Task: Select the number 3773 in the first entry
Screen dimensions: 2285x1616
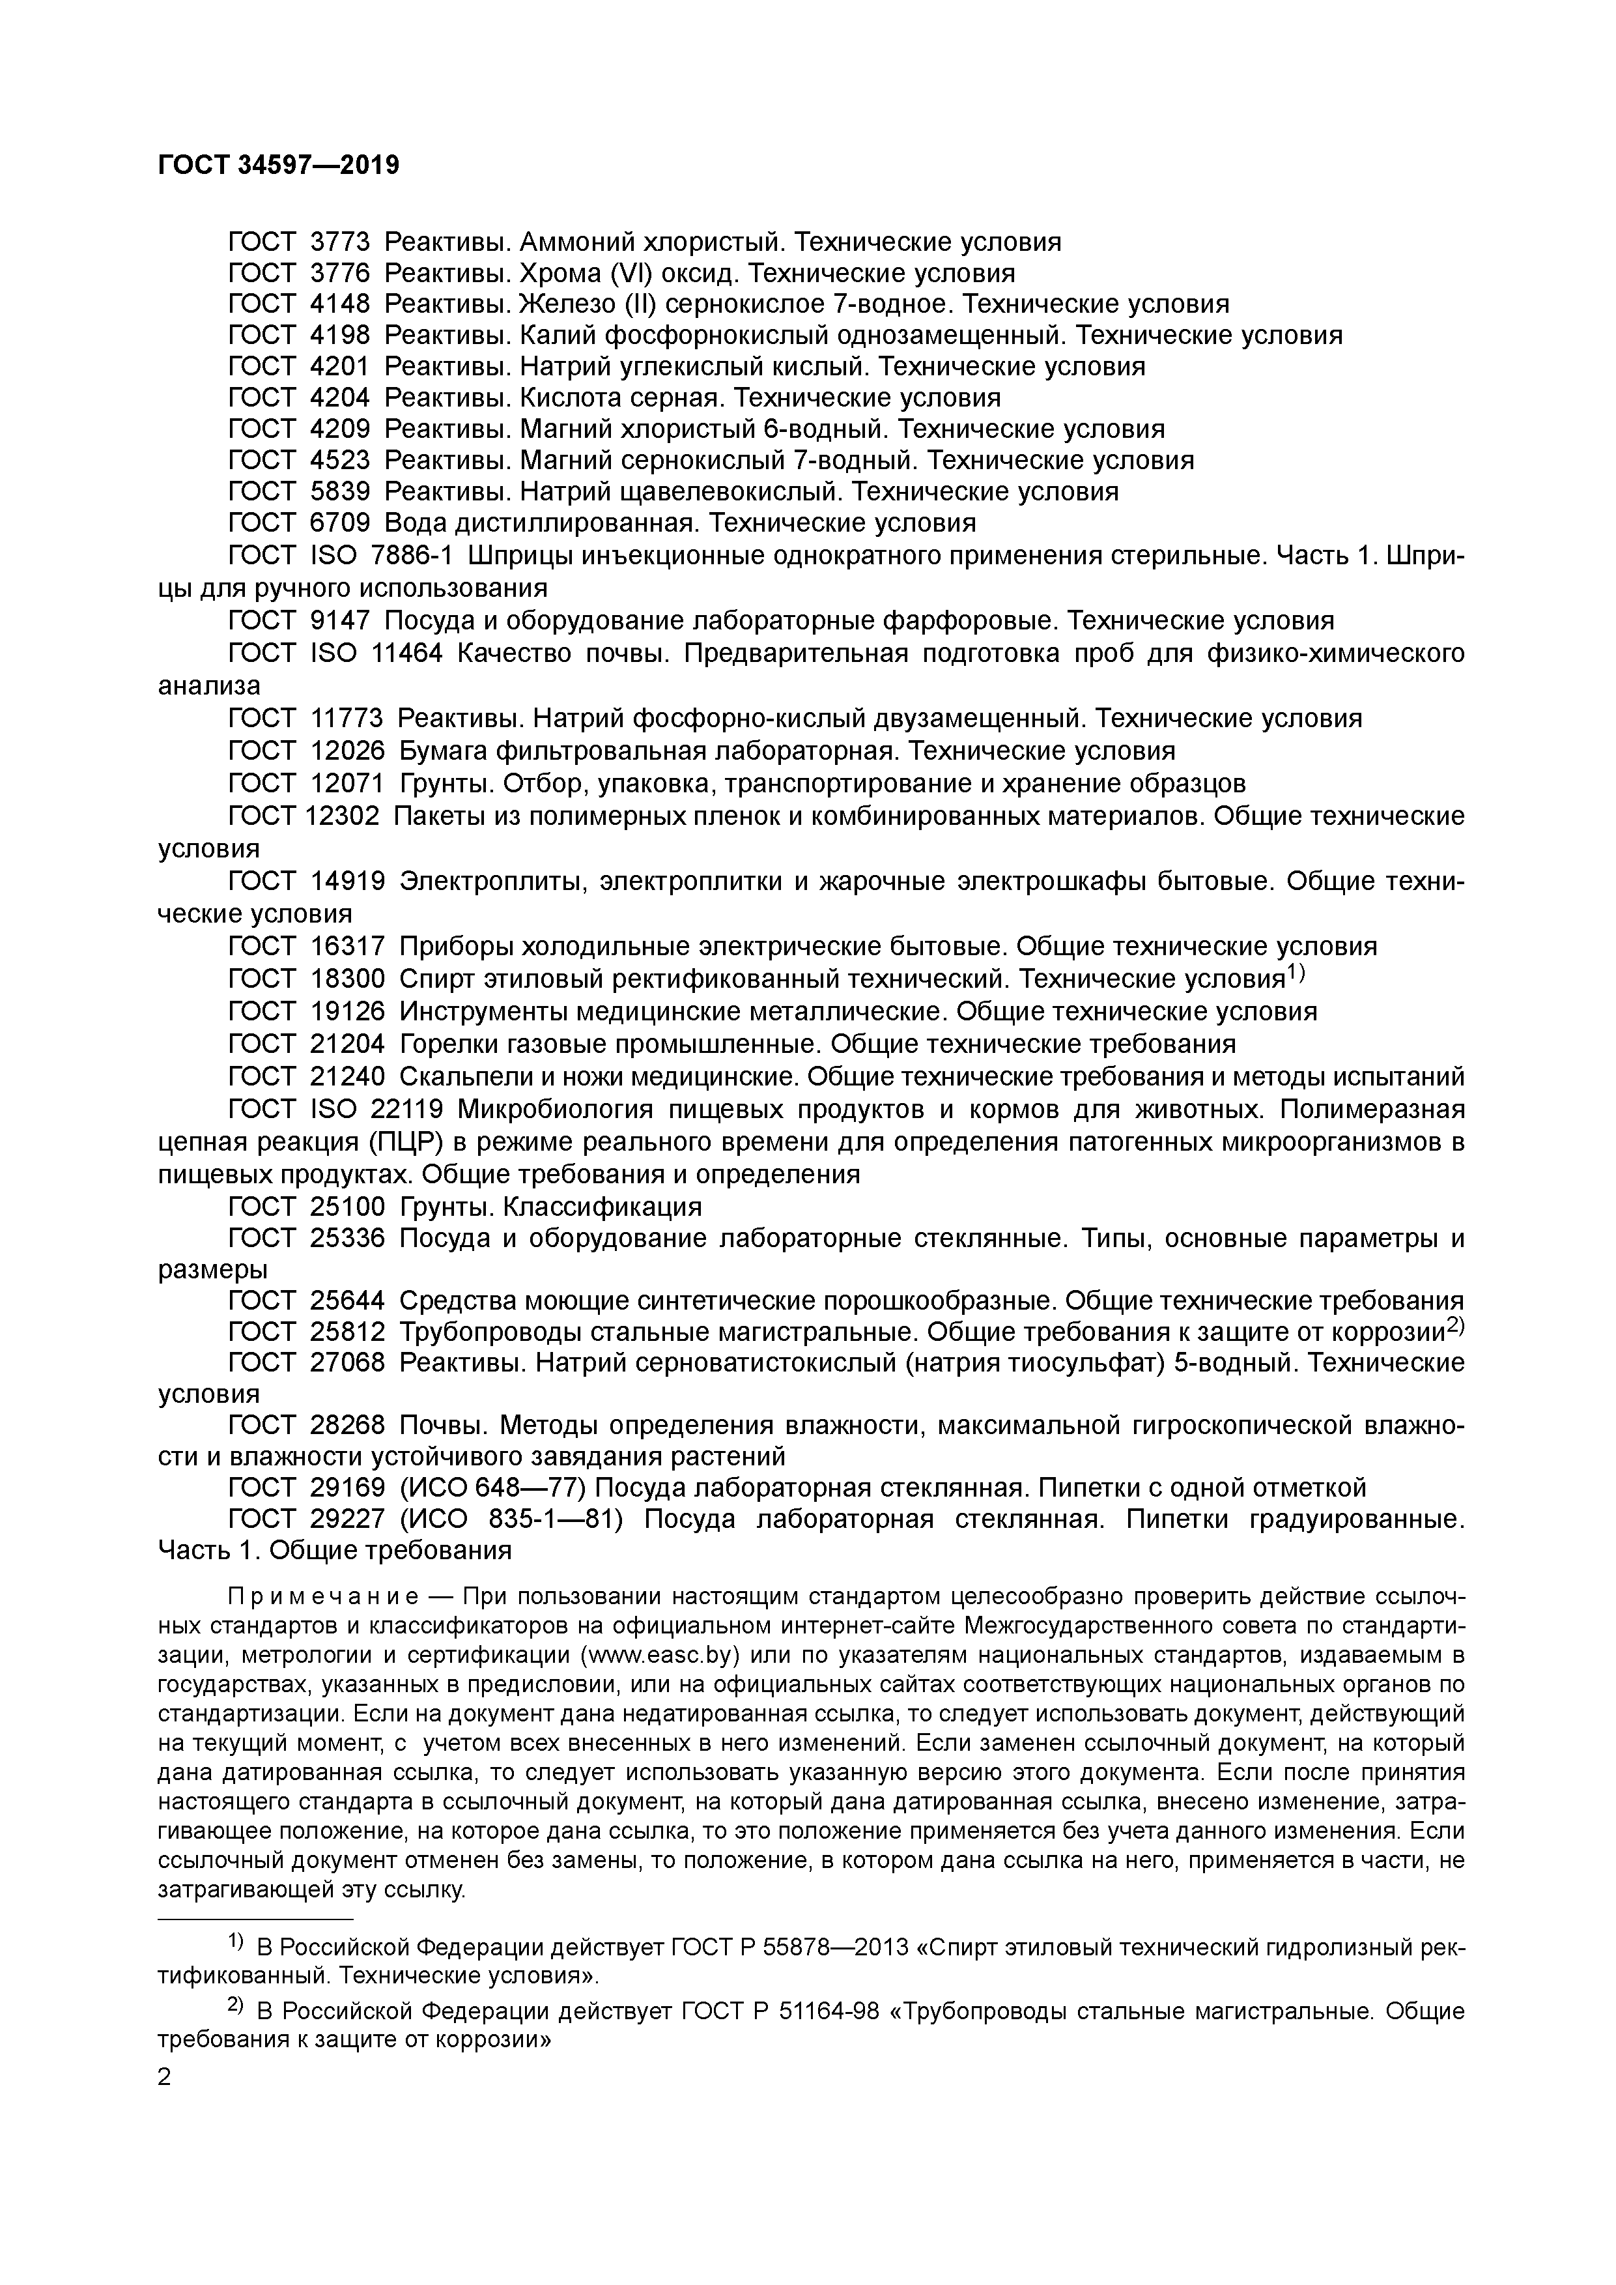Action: (340, 242)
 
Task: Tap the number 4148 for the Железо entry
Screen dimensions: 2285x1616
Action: (340, 304)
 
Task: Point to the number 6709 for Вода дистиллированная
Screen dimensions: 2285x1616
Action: (340, 523)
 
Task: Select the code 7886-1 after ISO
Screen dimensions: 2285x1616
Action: (412, 555)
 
